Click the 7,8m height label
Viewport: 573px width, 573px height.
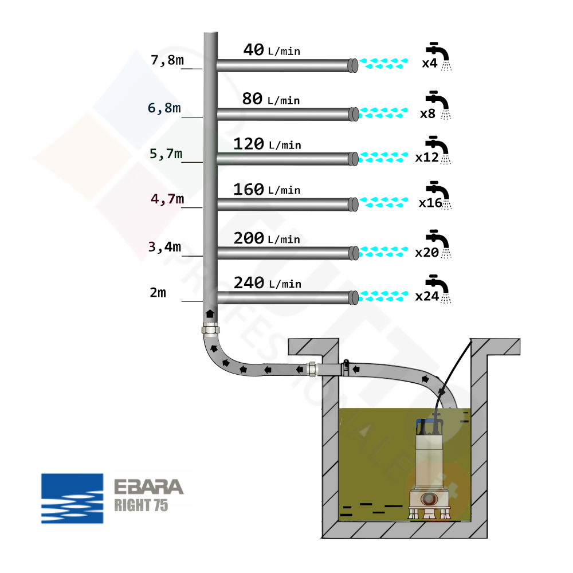point(167,60)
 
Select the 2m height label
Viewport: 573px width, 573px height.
point(158,292)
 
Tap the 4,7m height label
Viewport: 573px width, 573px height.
point(167,199)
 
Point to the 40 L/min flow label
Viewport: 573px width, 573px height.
point(272,50)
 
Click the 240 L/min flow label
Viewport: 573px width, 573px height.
point(267,283)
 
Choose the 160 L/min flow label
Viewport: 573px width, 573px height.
point(267,189)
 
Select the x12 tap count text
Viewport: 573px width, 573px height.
point(426,158)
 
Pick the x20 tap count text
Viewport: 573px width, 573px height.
point(426,252)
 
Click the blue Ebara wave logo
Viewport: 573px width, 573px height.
point(72,498)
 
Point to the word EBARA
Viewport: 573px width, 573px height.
point(148,487)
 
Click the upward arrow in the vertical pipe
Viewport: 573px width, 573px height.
point(210,313)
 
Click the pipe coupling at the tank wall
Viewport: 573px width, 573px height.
point(312,370)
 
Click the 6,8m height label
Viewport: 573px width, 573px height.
point(164,108)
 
